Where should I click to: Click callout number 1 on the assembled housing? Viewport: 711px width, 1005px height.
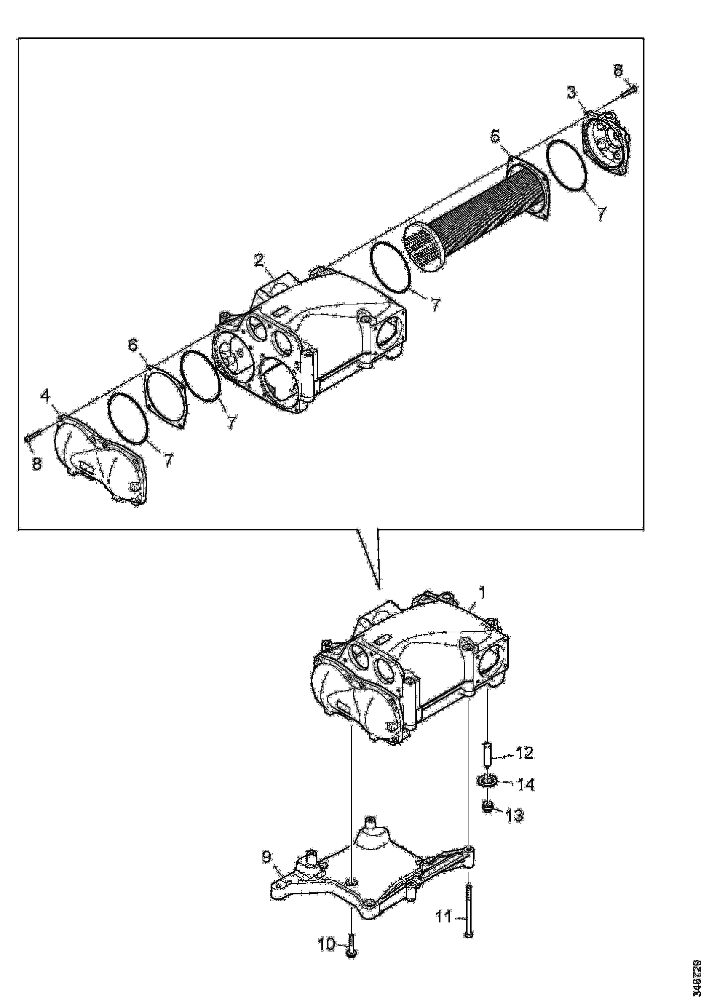(x=482, y=594)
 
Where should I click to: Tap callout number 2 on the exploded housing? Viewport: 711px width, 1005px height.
(x=259, y=261)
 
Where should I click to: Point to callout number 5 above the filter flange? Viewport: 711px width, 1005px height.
(x=494, y=136)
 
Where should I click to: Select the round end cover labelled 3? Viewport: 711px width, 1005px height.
(x=606, y=143)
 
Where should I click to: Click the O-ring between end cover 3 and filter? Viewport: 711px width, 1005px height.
(x=567, y=165)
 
